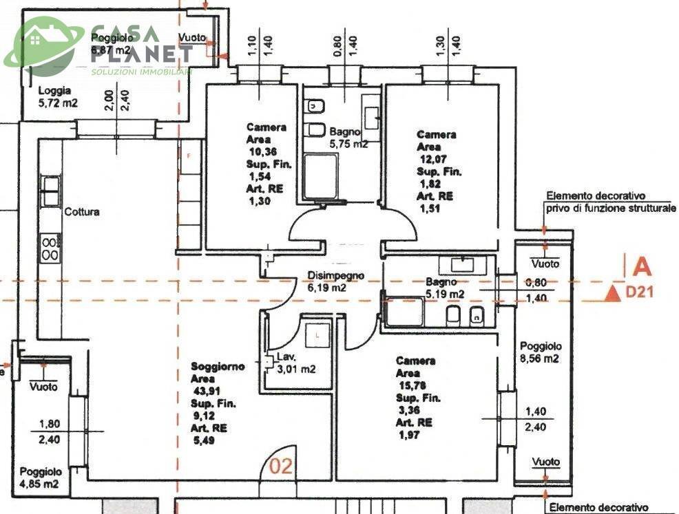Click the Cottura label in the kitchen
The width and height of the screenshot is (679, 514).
(82, 212)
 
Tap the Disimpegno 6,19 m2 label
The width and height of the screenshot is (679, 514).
(335, 282)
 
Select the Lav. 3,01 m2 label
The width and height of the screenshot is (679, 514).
(295, 363)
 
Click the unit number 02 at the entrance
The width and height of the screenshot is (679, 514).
(280, 467)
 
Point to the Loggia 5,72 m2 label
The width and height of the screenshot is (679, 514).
(58, 97)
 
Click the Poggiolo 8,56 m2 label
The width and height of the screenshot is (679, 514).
(541, 352)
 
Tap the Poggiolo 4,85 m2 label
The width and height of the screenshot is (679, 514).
(40, 478)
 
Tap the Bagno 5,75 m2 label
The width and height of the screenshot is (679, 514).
(348, 138)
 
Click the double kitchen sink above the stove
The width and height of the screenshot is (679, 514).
(50, 191)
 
